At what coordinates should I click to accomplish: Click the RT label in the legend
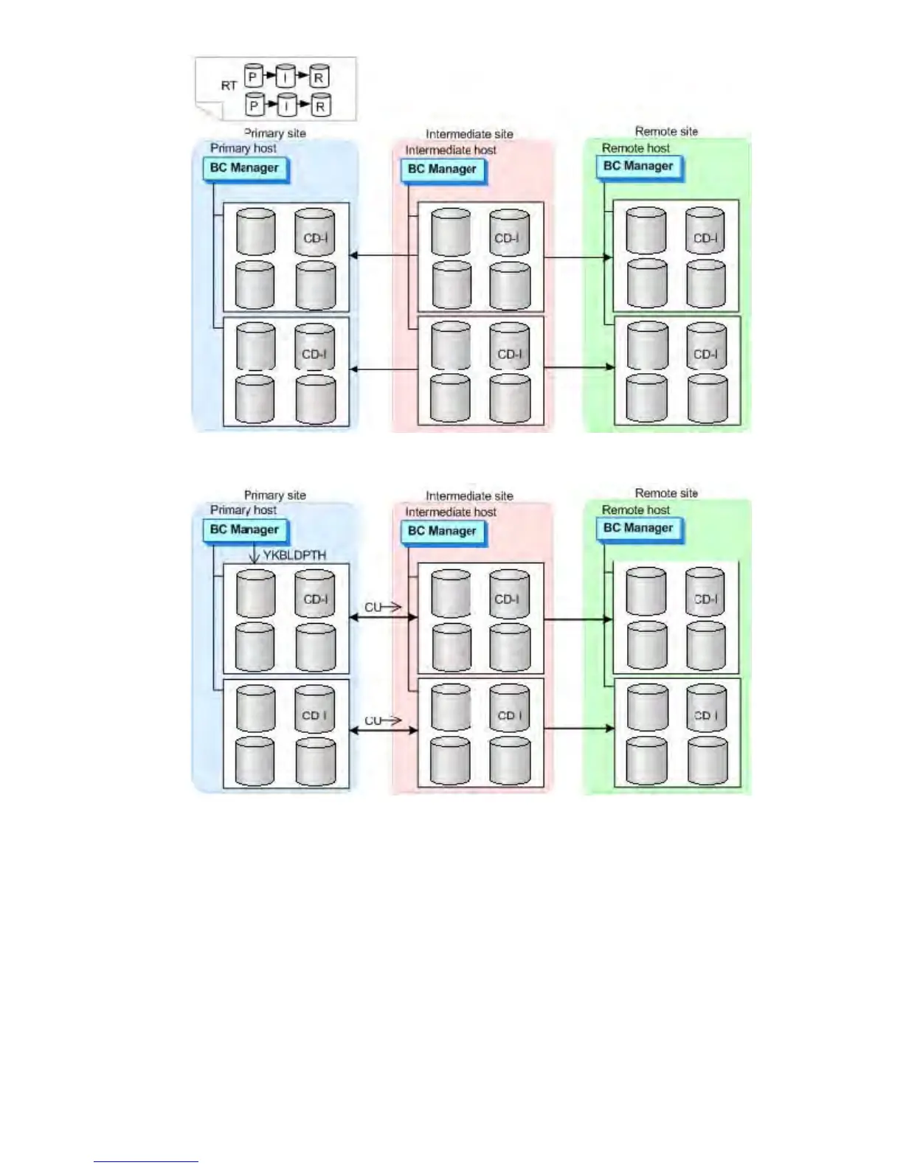(229, 86)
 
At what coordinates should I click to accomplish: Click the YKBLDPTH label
(294, 555)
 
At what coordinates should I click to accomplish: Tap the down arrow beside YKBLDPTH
(254, 555)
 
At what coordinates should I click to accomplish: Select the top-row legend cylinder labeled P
(253, 76)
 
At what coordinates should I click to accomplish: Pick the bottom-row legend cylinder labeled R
(320, 106)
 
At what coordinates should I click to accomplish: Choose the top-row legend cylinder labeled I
(286, 76)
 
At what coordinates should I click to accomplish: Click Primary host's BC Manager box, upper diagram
(244, 168)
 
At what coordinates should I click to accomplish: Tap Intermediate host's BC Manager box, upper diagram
(442, 170)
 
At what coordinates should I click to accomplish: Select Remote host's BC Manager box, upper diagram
(638, 167)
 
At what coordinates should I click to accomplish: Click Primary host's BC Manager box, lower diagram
(244, 529)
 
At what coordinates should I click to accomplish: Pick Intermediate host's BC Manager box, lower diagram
(442, 531)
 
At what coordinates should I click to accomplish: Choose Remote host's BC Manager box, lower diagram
(638, 528)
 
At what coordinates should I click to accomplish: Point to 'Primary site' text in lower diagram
(274, 495)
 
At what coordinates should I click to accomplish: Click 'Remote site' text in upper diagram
(666, 131)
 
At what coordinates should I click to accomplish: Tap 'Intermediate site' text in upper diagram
(469, 134)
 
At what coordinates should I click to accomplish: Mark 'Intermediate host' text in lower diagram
(451, 512)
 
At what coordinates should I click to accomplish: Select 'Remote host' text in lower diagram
(636, 510)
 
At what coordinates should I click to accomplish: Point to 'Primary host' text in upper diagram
(243, 148)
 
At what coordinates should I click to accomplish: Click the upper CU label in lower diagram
(373, 608)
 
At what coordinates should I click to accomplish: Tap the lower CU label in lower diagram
(373, 720)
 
